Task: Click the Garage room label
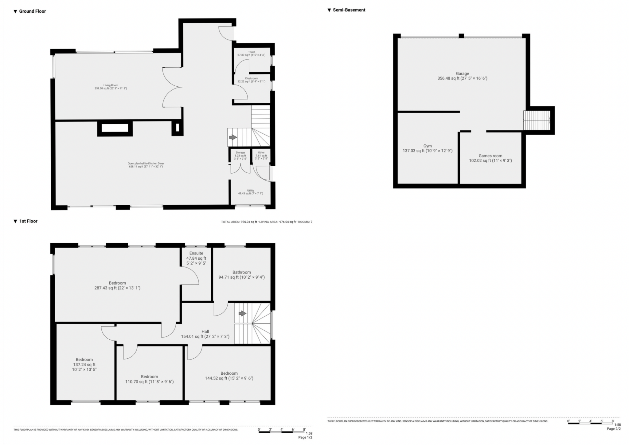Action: pos(462,74)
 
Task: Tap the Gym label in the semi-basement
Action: pos(427,146)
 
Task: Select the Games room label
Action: pos(490,156)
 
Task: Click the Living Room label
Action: pos(111,85)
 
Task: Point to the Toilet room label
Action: pos(251,52)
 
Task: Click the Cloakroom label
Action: pos(251,79)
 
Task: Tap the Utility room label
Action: pos(251,191)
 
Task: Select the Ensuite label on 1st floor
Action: pos(196,253)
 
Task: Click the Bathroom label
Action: pos(241,272)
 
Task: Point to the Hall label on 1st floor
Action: pos(205,332)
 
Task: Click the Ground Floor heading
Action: pos(32,11)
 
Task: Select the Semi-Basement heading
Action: pos(349,10)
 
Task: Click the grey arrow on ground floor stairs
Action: pos(233,137)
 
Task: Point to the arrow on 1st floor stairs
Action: pos(242,313)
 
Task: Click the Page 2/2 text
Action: pos(613,429)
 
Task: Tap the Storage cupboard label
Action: pos(240,153)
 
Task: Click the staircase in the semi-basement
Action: pos(537,120)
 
